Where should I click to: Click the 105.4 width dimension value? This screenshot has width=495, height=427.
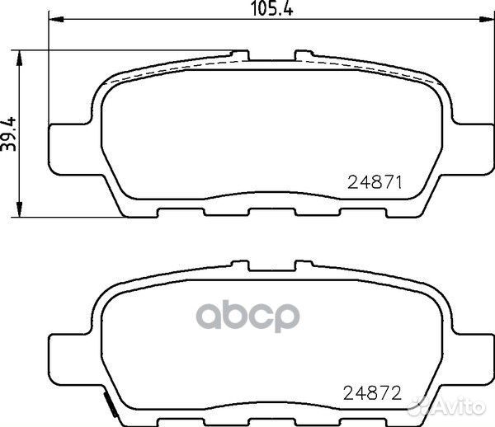pos(271,9)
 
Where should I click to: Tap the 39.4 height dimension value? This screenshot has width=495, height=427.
pos(8,134)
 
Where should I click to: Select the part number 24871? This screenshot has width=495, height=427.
pos(375,183)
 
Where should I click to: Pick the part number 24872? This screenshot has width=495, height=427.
pos(373,393)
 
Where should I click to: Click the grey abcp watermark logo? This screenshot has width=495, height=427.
pos(247,316)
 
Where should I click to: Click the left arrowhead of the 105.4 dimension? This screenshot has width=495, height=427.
pos(57,19)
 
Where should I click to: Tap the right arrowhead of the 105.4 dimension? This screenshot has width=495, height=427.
pos(486,19)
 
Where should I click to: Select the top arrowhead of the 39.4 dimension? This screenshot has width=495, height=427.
pos(20,58)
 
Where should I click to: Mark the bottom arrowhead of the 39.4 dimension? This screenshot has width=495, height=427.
pos(20,209)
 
